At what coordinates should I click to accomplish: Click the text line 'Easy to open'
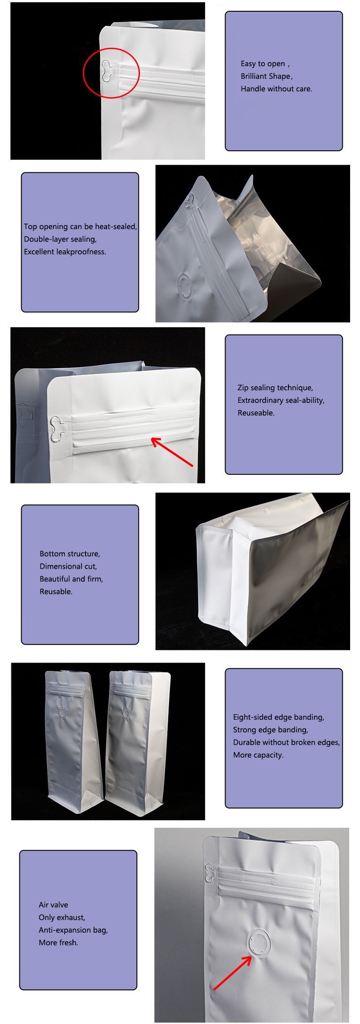(263, 63)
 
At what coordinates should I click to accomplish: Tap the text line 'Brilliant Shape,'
(266, 76)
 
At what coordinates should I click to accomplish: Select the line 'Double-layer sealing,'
(60, 239)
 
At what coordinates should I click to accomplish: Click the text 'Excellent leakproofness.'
(65, 252)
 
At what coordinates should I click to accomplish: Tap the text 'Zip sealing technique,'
(275, 388)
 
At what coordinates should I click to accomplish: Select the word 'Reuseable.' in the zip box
(256, 413)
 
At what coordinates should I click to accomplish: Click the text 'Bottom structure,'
(70, 554)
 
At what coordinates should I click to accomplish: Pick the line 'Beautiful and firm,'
(71, 579)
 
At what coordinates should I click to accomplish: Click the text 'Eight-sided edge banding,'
(278, 717)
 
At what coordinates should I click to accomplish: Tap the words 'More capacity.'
(258, 755)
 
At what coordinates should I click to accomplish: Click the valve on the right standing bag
(126, 713)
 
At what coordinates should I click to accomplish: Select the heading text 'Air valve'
(53, 905)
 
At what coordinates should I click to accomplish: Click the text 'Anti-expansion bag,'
(73, 930)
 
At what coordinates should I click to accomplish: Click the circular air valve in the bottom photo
(258, 941)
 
